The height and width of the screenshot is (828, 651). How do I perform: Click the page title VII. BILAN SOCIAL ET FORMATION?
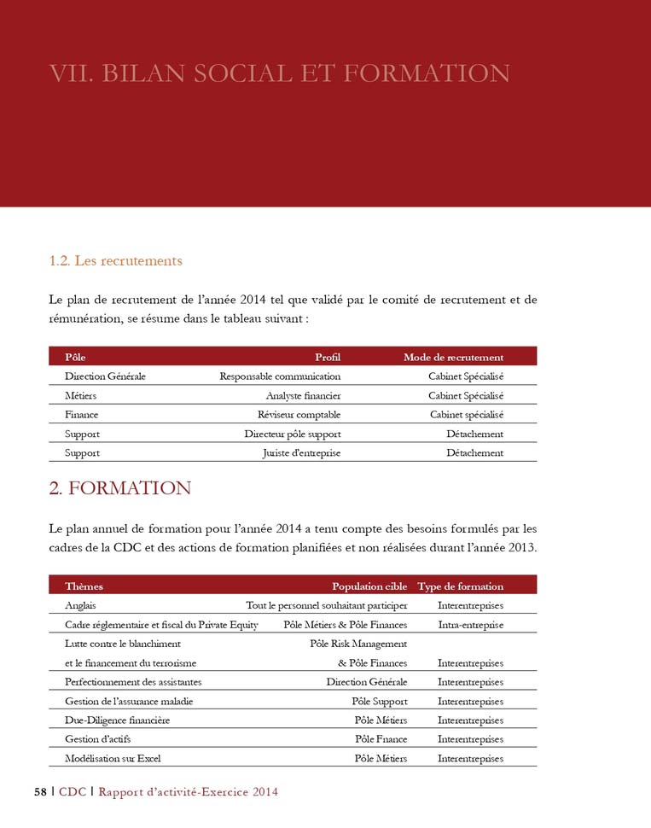(x=280, y=73)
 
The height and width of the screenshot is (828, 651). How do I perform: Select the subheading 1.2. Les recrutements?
(x=116, y=260)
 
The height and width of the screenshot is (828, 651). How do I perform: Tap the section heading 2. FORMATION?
(x=120, y=488)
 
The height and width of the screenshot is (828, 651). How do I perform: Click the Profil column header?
(x=328, y=357)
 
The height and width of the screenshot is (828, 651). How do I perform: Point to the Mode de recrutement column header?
(x=453, y=357)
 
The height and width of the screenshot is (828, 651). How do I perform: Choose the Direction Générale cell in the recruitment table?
(x=105, y=376)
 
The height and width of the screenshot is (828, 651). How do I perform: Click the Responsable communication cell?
(x=280, y=376)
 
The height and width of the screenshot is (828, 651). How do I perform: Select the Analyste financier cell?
(x=303, y=395)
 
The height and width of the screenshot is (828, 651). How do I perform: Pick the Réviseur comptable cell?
(x=299, y=414)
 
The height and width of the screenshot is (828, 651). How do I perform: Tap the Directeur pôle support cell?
(x=292, y=434)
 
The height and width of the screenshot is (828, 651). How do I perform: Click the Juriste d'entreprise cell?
(x=301, y=452)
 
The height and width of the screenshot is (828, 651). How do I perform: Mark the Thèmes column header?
(x=84, y=586)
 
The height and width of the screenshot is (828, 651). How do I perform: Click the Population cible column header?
(x=369, y=586)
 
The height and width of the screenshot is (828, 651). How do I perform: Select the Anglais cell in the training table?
(x=80, y=605)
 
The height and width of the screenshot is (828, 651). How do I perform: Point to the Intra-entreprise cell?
(x=470, y=625)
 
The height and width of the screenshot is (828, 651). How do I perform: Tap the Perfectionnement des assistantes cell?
(x=133, y=682)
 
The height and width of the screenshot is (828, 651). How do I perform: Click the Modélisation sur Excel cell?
(x=113, y=758)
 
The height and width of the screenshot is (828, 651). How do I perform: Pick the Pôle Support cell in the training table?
(x=380, y=702)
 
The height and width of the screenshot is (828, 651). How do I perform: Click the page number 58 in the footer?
(x=40, y=792)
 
